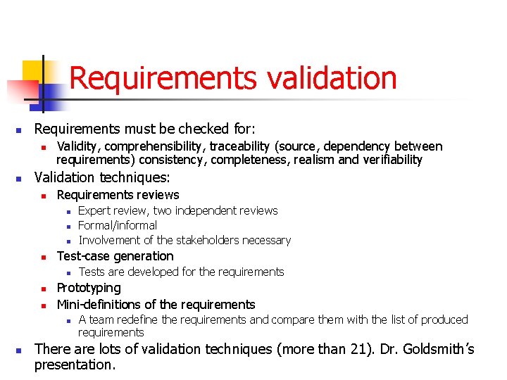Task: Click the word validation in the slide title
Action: [x=331, y=78]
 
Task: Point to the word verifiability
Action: [x=391, y=160]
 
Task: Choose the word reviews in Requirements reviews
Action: [x=158, y=195]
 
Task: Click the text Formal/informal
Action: [x=118, y=225]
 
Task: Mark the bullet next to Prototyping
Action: [x=43, y=289]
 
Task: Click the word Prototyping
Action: [x=89, y=288]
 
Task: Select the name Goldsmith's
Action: [x=429, y=349]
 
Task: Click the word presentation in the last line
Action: [x=73, y=365]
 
